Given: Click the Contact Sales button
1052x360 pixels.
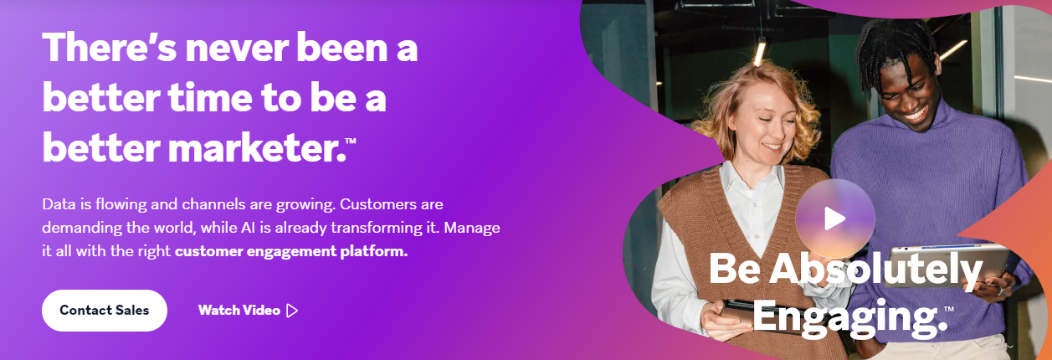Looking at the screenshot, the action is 105,310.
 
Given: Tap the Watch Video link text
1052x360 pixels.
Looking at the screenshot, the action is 239,310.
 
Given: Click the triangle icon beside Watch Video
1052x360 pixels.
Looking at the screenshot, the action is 292,311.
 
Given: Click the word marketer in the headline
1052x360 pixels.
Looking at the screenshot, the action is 256,148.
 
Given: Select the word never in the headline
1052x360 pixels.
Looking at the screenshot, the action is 236,48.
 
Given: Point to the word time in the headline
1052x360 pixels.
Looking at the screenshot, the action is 210,98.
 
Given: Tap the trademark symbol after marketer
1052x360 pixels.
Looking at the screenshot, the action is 351,140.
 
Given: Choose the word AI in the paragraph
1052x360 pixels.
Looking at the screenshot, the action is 248,228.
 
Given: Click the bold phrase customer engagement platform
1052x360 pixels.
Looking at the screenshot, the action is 291,251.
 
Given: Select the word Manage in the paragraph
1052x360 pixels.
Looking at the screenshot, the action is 472,228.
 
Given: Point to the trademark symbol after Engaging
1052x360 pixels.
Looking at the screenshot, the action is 949,309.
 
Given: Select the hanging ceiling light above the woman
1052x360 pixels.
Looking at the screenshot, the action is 759,52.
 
